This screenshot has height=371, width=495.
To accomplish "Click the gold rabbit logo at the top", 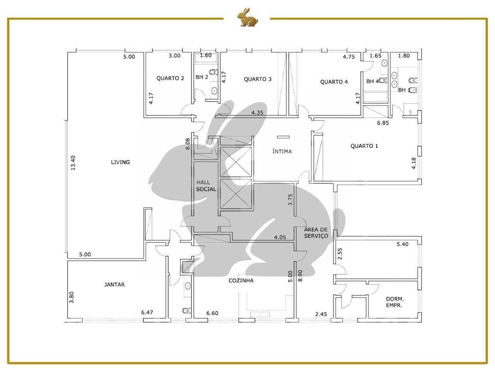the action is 247,17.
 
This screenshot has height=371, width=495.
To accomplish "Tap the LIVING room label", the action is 120,162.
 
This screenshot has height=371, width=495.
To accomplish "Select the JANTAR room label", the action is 114,284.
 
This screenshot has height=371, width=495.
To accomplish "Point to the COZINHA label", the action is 241,281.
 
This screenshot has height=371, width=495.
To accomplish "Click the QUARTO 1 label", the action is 364,146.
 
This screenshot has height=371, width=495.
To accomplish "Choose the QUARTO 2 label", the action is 170,78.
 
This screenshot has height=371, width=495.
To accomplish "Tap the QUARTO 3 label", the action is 258,79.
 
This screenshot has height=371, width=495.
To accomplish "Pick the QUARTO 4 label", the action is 334,82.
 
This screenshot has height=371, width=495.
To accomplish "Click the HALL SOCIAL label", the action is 206,186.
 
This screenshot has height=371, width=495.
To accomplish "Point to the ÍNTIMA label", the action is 282,151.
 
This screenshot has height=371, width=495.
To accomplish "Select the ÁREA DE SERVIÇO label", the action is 316,232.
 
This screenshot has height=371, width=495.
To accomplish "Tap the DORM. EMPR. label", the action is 395,302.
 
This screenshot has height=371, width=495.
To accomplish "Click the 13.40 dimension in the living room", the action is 73,163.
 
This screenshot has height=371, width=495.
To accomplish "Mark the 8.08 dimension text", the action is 188,144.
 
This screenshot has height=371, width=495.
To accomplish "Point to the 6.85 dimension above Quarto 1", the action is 383,123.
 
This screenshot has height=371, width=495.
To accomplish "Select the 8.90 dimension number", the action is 300,276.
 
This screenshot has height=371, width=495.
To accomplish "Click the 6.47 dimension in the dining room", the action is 147,312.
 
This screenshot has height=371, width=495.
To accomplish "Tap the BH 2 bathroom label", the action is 201,77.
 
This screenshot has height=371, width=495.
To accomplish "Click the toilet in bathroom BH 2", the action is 213,72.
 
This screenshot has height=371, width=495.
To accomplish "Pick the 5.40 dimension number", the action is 403,244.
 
